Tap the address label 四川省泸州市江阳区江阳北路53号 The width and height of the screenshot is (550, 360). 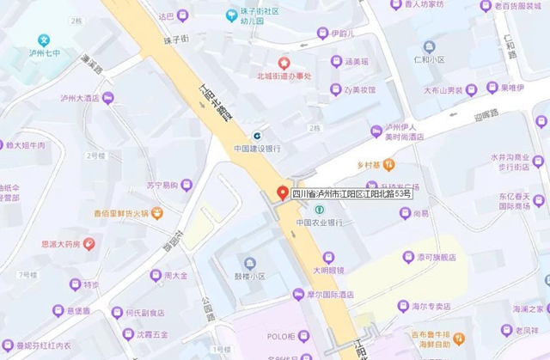pyautogui.click(x=351, y=194)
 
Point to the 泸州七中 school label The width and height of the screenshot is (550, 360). pyautogui.click(x=45, y=52)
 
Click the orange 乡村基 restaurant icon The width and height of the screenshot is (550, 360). pyautogui.click(x=388, y=162)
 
